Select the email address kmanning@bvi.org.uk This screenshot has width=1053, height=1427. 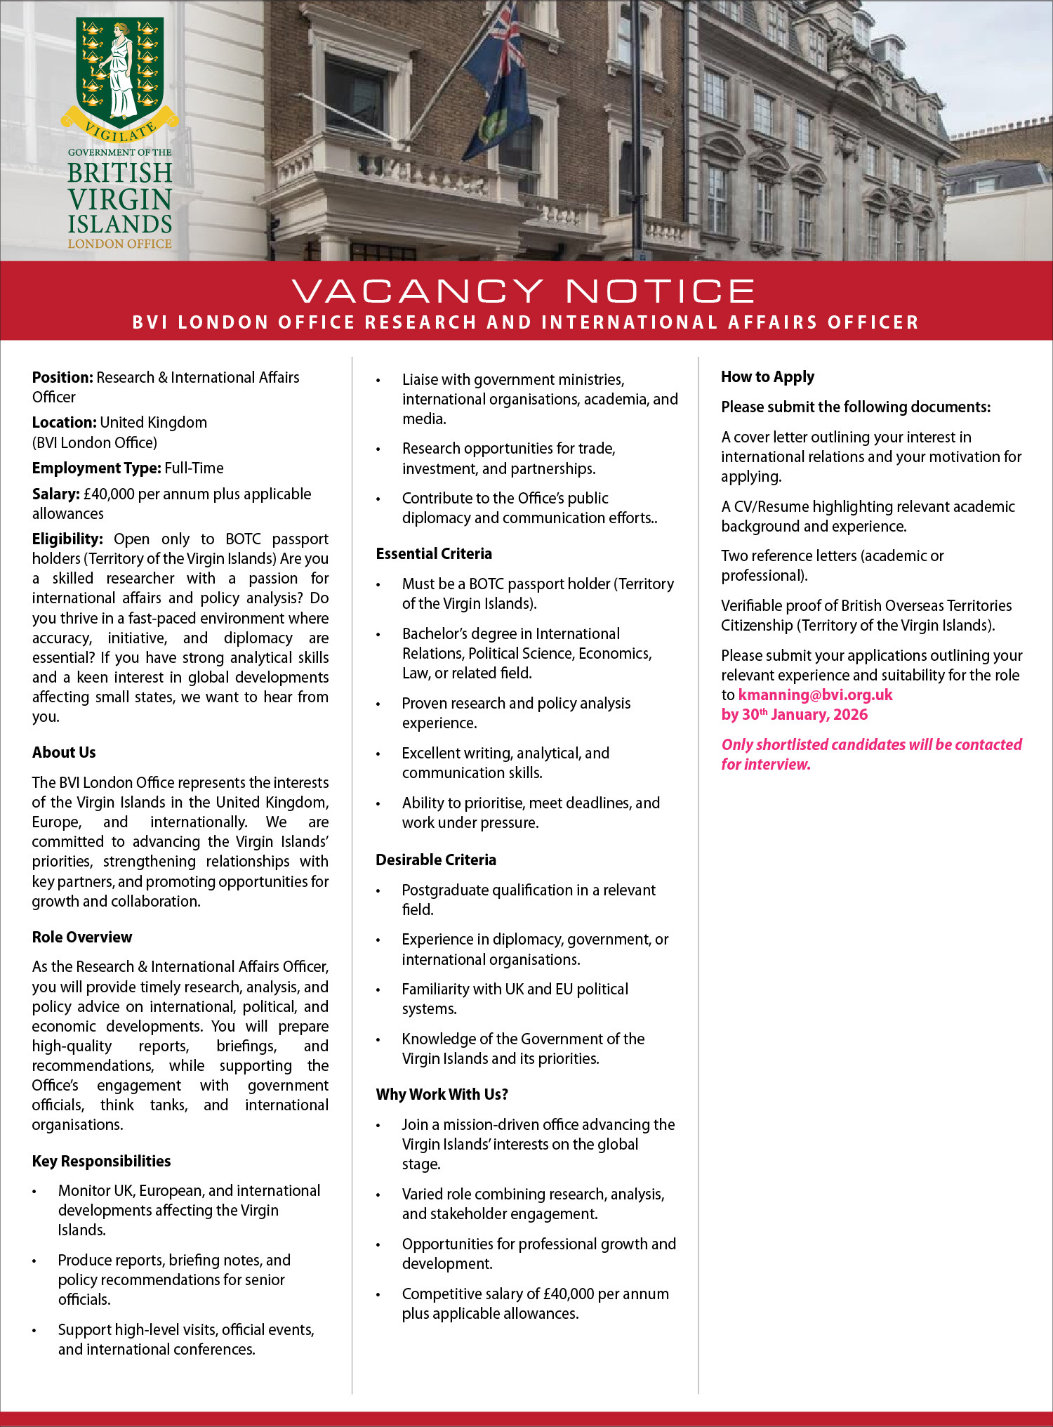pos(815,695)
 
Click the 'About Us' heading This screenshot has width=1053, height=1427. pos(64,753)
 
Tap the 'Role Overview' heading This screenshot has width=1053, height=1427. pos(81,938)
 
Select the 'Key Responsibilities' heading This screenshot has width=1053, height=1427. pos(101,1162)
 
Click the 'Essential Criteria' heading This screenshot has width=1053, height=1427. pos(434,554)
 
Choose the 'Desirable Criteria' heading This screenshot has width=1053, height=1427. pos(436,860)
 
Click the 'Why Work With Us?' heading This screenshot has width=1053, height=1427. pos(442,1095)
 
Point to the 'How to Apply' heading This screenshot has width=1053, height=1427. pos(767,377)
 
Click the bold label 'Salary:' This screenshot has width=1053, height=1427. pos(55,494)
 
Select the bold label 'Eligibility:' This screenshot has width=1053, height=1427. pos(67,539)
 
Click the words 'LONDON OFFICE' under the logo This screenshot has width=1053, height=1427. pos(119,244)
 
